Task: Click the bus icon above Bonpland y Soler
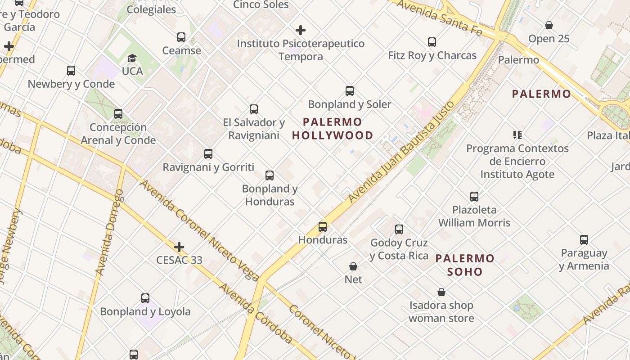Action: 350,90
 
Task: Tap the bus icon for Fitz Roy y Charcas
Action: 432,42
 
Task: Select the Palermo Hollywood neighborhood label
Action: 333,128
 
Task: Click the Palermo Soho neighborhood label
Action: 465,265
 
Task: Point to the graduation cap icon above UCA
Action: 132,58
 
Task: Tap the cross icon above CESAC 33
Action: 179,247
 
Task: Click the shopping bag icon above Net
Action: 353,266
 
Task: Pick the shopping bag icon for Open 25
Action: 549,25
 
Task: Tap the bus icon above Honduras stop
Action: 323,226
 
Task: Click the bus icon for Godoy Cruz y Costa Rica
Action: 399,229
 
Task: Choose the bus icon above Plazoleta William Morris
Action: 474,196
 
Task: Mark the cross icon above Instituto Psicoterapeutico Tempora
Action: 301,30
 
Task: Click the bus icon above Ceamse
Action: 181,37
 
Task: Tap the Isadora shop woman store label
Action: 441,311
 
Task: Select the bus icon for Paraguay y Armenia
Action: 584,239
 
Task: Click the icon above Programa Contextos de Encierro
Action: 517,135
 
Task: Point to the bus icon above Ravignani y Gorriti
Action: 208,153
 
